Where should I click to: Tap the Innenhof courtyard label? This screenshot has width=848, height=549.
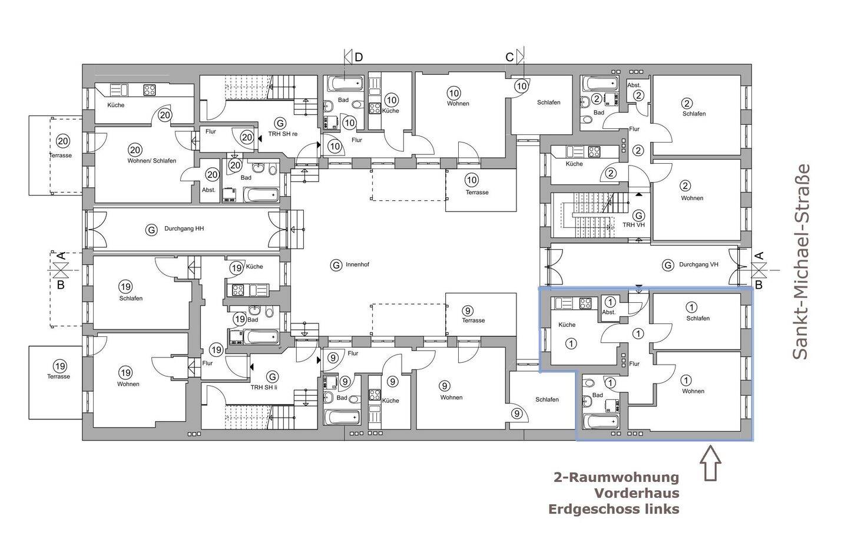click(x=357, y=264)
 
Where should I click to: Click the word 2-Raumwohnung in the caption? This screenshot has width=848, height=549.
click(x=617, y=477)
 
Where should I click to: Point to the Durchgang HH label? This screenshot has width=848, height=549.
click(x=184, y=229)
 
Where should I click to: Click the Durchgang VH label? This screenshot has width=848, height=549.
click(x=698, y=264)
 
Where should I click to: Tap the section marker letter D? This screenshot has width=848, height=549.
click(x=359, y=57)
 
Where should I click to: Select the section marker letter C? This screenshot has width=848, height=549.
click(x=509, y=57)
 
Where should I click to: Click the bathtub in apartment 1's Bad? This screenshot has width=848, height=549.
click(x=601, y=421)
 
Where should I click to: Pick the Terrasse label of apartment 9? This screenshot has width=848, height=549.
click(x=473, y=320)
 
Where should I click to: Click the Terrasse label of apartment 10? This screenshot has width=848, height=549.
click(x=477, y=193)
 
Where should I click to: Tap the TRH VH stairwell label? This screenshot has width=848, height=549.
click(x=634, y=225)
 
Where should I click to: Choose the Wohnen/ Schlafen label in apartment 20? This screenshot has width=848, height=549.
click(x=152, y=161)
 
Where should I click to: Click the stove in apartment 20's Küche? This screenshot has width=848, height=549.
click(x=149, y=90)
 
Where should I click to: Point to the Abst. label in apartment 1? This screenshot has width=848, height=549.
click(x=609, y=312)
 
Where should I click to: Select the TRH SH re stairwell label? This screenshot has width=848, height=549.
click(x=283, y=134)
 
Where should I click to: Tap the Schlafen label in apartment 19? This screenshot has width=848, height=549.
click(x=131, y=298)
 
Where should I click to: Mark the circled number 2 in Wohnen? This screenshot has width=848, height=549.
click(x=685, y=186)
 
